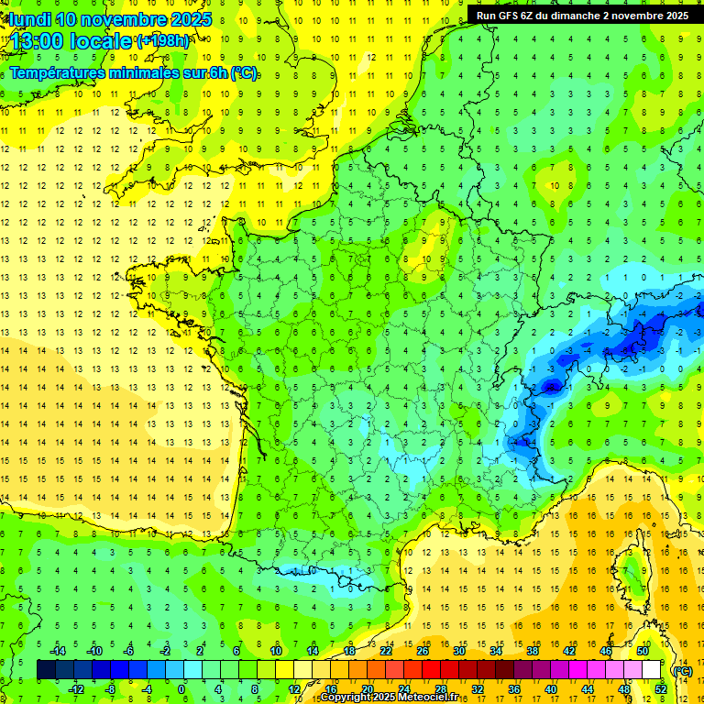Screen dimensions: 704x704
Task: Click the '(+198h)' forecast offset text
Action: (x=163, y=41)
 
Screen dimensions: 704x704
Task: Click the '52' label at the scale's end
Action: (x=660, y=689)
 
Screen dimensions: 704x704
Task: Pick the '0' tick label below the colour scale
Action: (x=181, y=689)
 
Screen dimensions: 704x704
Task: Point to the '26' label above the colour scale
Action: (x=423, y=651)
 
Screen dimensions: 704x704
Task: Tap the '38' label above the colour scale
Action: (x=533, y=651)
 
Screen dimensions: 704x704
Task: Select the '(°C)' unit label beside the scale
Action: (x=682, y=670)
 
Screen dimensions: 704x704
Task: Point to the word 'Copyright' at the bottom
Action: (x=345, y=698)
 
